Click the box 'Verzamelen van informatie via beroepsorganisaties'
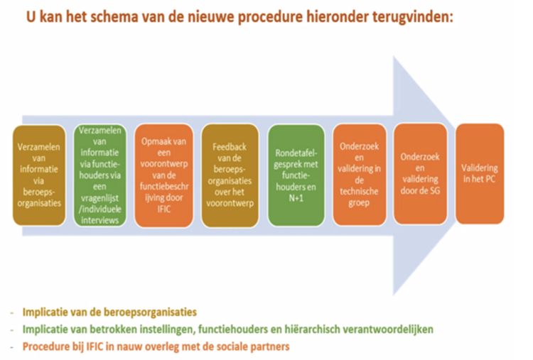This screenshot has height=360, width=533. click(x=39, y=175)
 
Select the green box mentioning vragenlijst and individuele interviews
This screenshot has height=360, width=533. click(x=100, y=175)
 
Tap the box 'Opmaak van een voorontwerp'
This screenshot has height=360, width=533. click(x=164, y=175)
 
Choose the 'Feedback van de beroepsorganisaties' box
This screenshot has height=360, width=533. click(x=230, y=175)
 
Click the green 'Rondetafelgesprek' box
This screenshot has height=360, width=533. click(x=296, y=175)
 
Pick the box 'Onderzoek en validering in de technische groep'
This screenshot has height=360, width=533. click(x=360, y=175)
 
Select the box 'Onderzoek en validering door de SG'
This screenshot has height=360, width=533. click(x=420, y=174)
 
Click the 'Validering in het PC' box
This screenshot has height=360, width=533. click(x=480, y=173)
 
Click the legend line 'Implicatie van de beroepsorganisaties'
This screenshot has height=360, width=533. click(x=109, y=312)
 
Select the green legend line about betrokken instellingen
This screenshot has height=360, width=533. click(x=227, y=329)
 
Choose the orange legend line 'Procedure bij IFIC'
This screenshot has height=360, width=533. click(x=156, y=347)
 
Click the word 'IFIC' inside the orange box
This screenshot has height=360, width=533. click(x=164, y=209)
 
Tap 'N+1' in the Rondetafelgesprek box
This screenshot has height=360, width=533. click(x=296, y=198)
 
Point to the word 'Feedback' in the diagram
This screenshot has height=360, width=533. click(x=230, y=147)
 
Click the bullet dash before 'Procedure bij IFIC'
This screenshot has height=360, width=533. click(x=12, y=347)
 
